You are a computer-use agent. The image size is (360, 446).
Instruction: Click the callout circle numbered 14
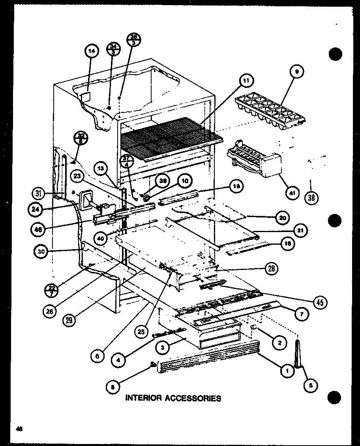tap(91, 52)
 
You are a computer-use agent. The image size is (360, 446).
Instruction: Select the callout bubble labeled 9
tap(297, 72)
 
